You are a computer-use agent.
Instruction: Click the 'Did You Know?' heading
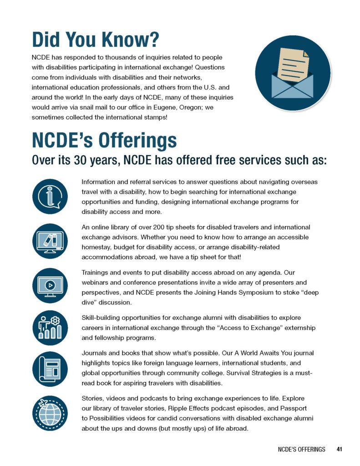(95, 40)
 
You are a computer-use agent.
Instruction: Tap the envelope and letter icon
(293, 73)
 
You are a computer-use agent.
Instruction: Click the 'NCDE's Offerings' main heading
(104, 141)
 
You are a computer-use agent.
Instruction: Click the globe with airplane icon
(50, 413)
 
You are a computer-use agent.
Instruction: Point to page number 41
(340, 449)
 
